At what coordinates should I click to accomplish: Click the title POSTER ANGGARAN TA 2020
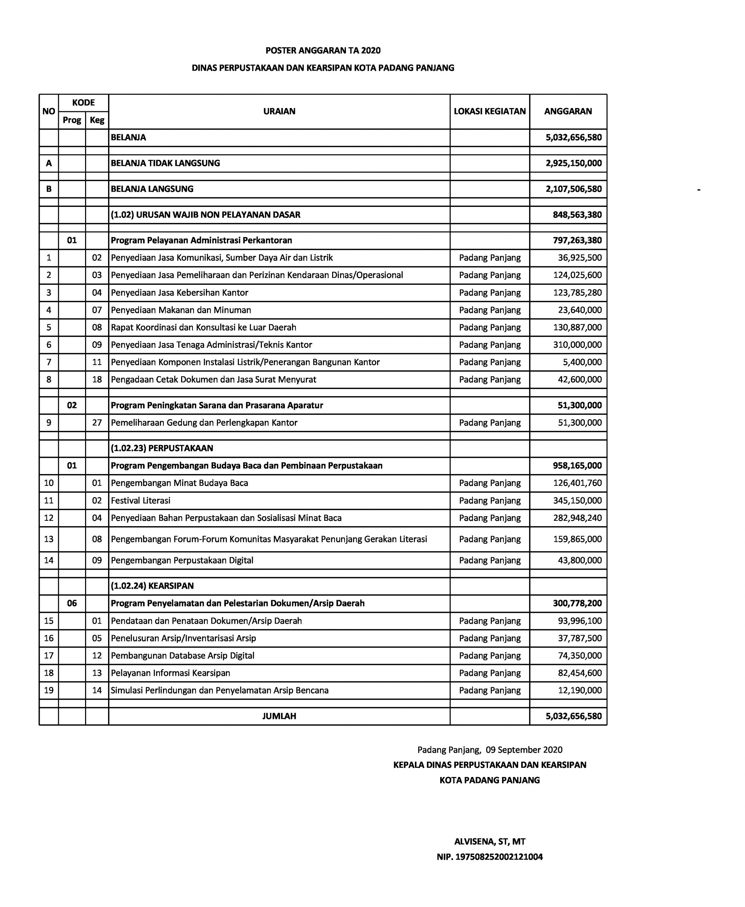323,51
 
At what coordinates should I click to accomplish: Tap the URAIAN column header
279,112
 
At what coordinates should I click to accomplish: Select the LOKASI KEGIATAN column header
490,112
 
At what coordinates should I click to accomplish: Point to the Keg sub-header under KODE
97,120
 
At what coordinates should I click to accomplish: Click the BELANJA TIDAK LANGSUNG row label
165,163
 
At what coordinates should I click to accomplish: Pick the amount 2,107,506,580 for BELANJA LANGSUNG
573,189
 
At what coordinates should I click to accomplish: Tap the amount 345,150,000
577,500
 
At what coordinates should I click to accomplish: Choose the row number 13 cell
49,539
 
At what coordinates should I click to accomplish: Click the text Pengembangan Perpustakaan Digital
182,560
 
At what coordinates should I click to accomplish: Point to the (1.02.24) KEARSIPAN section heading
152,586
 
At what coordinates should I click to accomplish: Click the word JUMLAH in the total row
279,716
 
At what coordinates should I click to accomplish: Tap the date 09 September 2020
524,750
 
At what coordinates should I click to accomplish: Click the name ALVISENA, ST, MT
490,841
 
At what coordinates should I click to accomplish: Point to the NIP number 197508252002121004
490,857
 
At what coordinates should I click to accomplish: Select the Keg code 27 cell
97,423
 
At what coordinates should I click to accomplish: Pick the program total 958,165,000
577,466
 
